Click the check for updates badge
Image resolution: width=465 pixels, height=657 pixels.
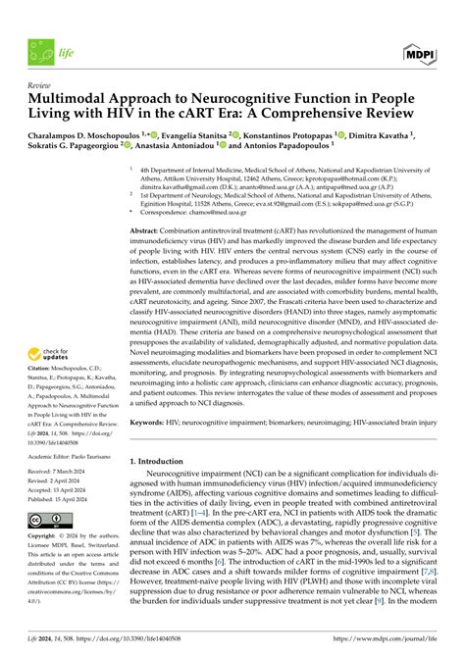pyautogui.click(x=53, y=385)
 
